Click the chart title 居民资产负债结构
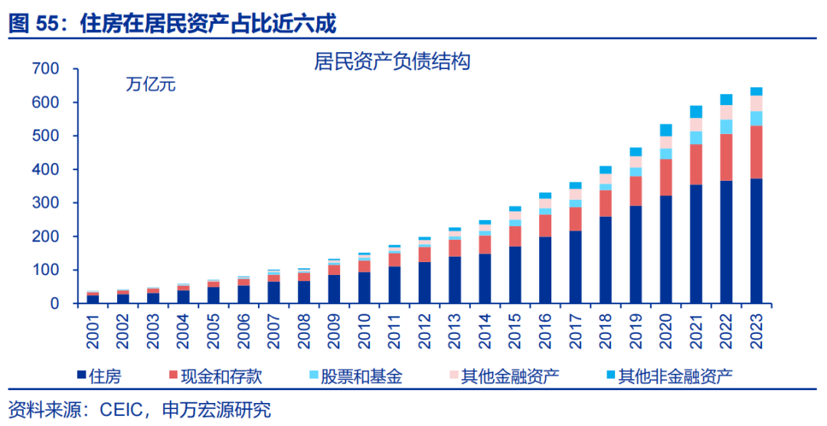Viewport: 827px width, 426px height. pyautogui.click(x=391, y=62)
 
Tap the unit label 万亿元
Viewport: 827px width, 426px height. pyautogui.click(x=151, y=84)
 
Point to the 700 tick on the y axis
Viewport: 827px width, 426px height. pyautogui.click(x=45, y=69)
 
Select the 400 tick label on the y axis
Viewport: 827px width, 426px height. pyautogui.click(x=45, y=169)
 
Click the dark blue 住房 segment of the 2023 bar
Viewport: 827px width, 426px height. pyautogui.click(x=757, y=241)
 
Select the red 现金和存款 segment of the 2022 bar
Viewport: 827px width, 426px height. pyautogui.click(x=726, y=157)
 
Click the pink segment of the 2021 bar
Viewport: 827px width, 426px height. pyautogui.click(x=696, y=124)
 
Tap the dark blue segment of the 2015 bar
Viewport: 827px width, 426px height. pyautogui.click(x=515, y=274)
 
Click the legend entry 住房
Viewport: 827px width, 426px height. pyautogui.click(x=100, y=376)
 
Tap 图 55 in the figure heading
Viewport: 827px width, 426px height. pyautogui.click(x=30, y=24)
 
